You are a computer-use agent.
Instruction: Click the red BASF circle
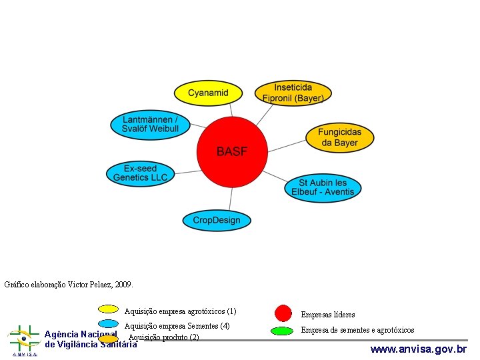232,152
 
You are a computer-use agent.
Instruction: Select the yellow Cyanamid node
208,93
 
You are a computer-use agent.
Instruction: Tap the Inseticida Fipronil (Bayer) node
293,93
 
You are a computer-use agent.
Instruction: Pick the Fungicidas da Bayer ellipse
339,137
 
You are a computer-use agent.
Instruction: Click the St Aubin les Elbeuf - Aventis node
323,187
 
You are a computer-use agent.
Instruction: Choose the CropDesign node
217,220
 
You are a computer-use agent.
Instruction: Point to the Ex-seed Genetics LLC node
140,173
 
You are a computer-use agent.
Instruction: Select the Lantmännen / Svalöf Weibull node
150,124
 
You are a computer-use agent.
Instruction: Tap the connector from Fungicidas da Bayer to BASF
287,145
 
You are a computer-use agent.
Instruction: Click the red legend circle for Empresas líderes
283,313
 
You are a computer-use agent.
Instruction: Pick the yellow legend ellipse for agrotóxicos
108,309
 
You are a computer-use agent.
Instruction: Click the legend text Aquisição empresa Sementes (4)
177,326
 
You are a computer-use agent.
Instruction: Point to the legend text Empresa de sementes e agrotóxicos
357,330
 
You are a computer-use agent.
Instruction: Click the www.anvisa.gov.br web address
418,349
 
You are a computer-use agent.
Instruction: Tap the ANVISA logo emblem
23,339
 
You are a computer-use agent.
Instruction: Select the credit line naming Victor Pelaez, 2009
69,285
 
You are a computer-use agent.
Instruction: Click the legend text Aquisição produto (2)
164,337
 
